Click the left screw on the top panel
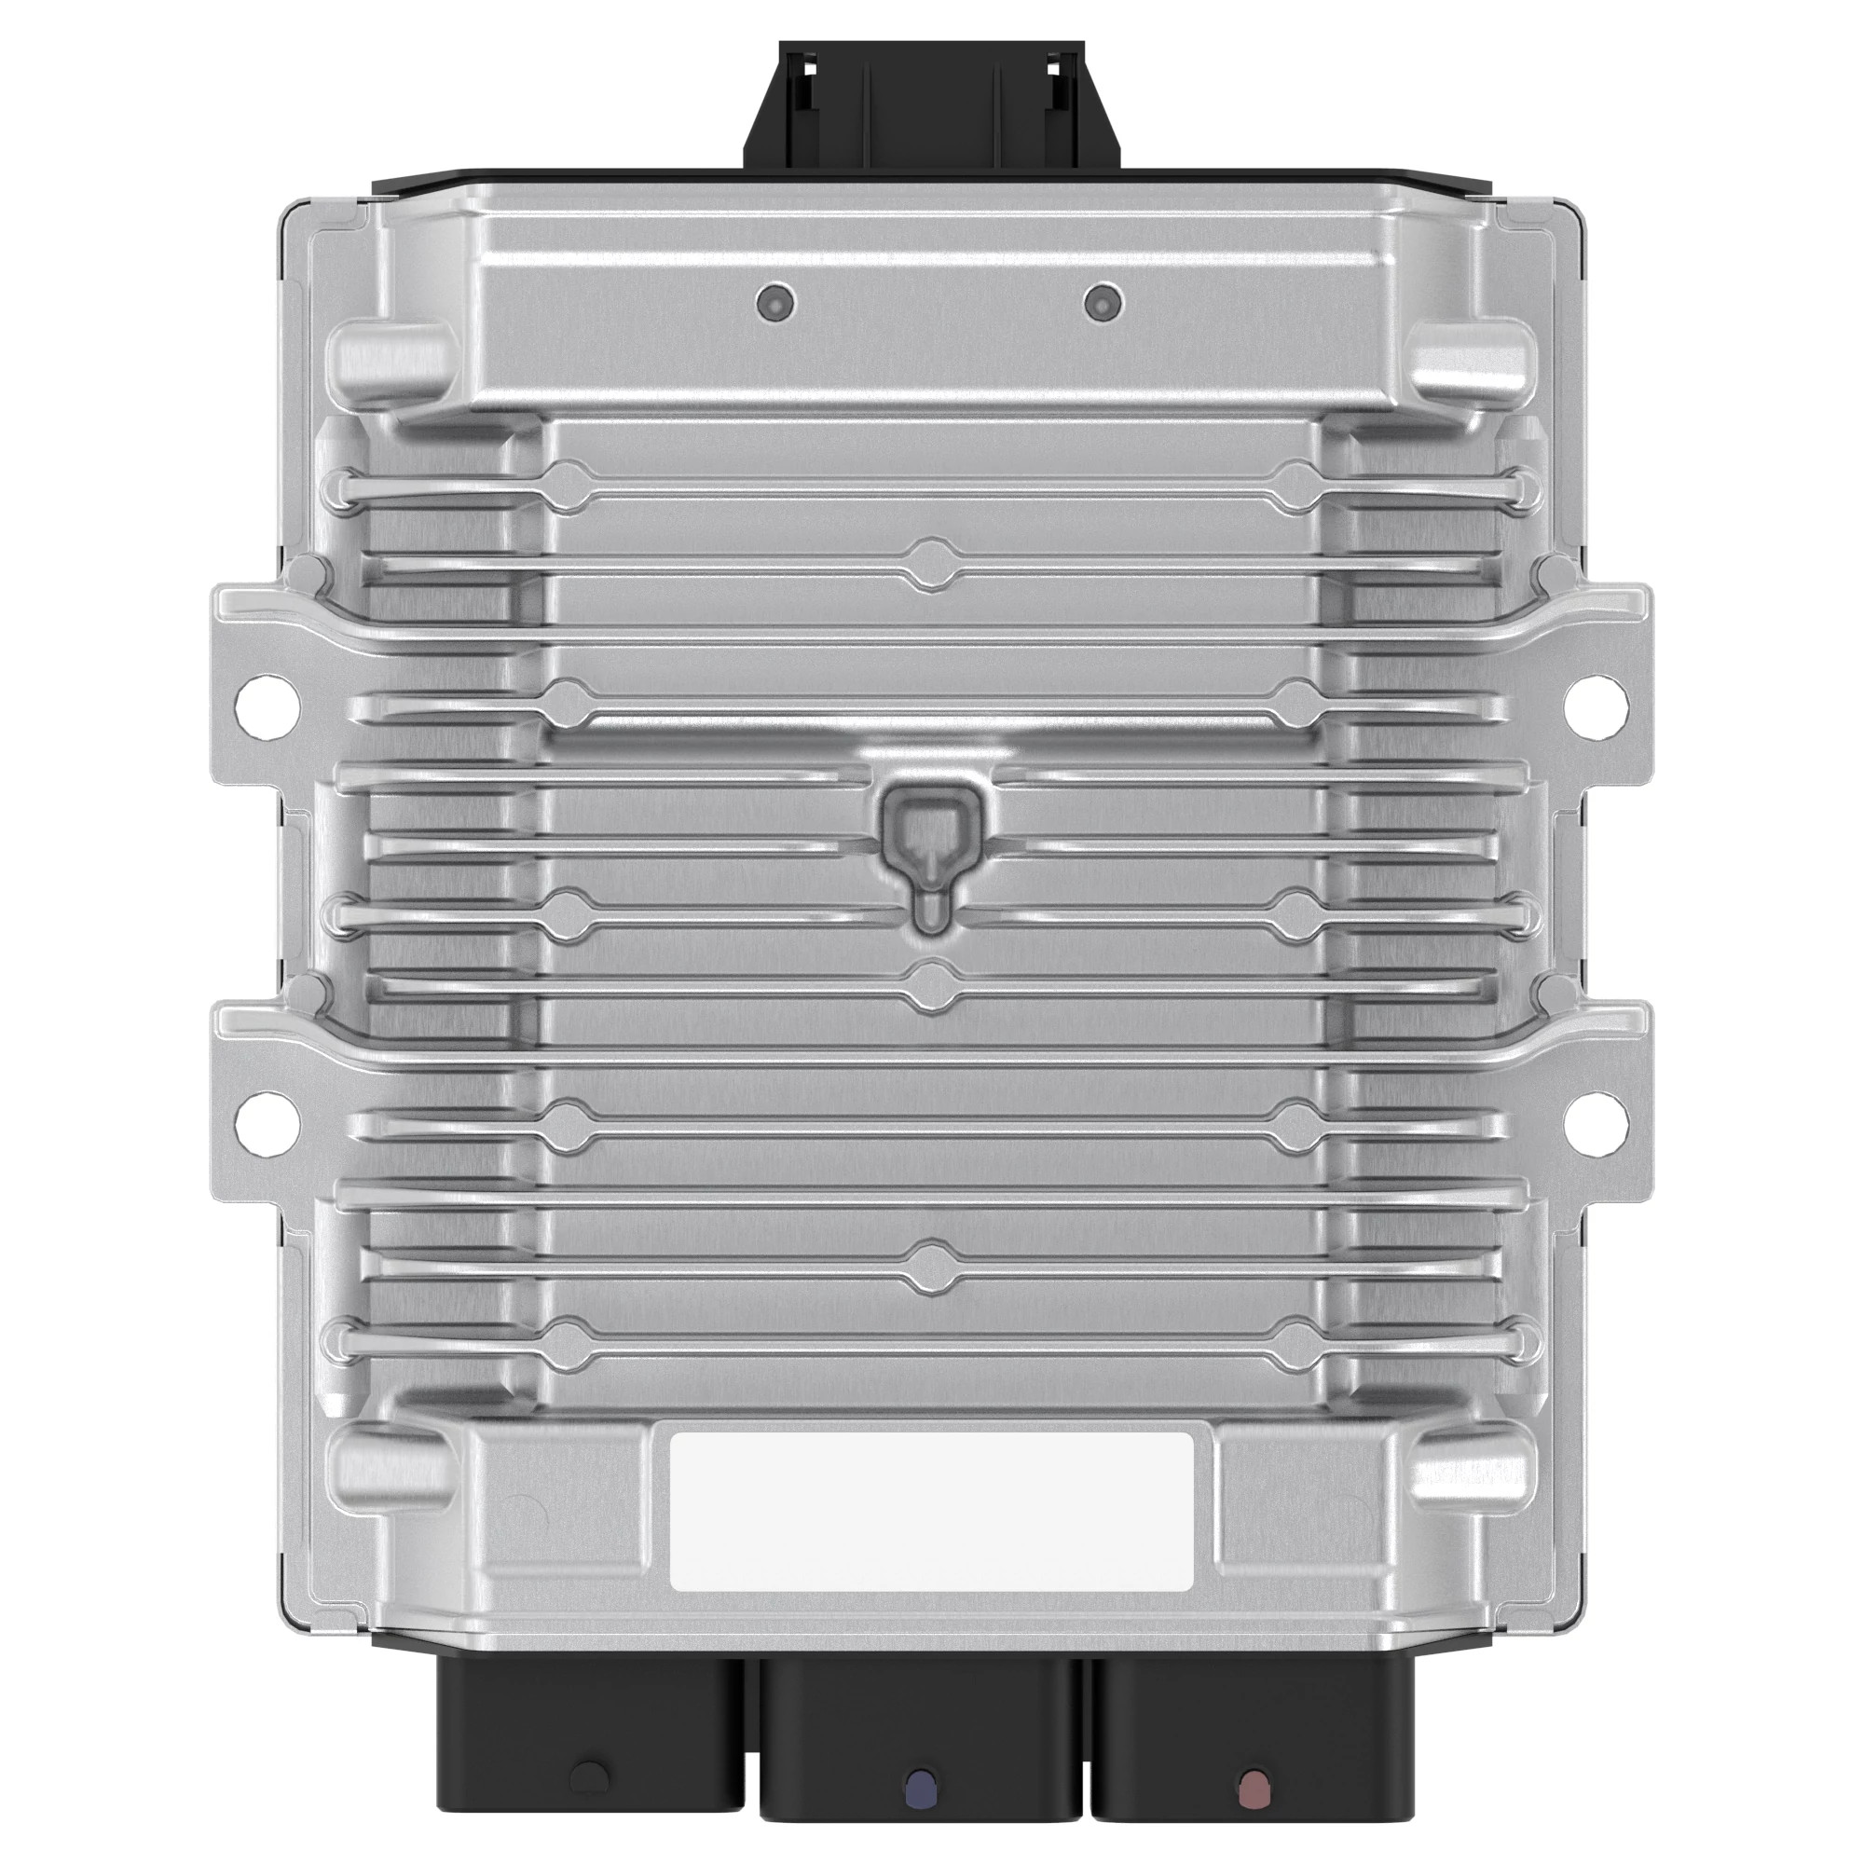point(775,304)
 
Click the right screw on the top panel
point(1102,304)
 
